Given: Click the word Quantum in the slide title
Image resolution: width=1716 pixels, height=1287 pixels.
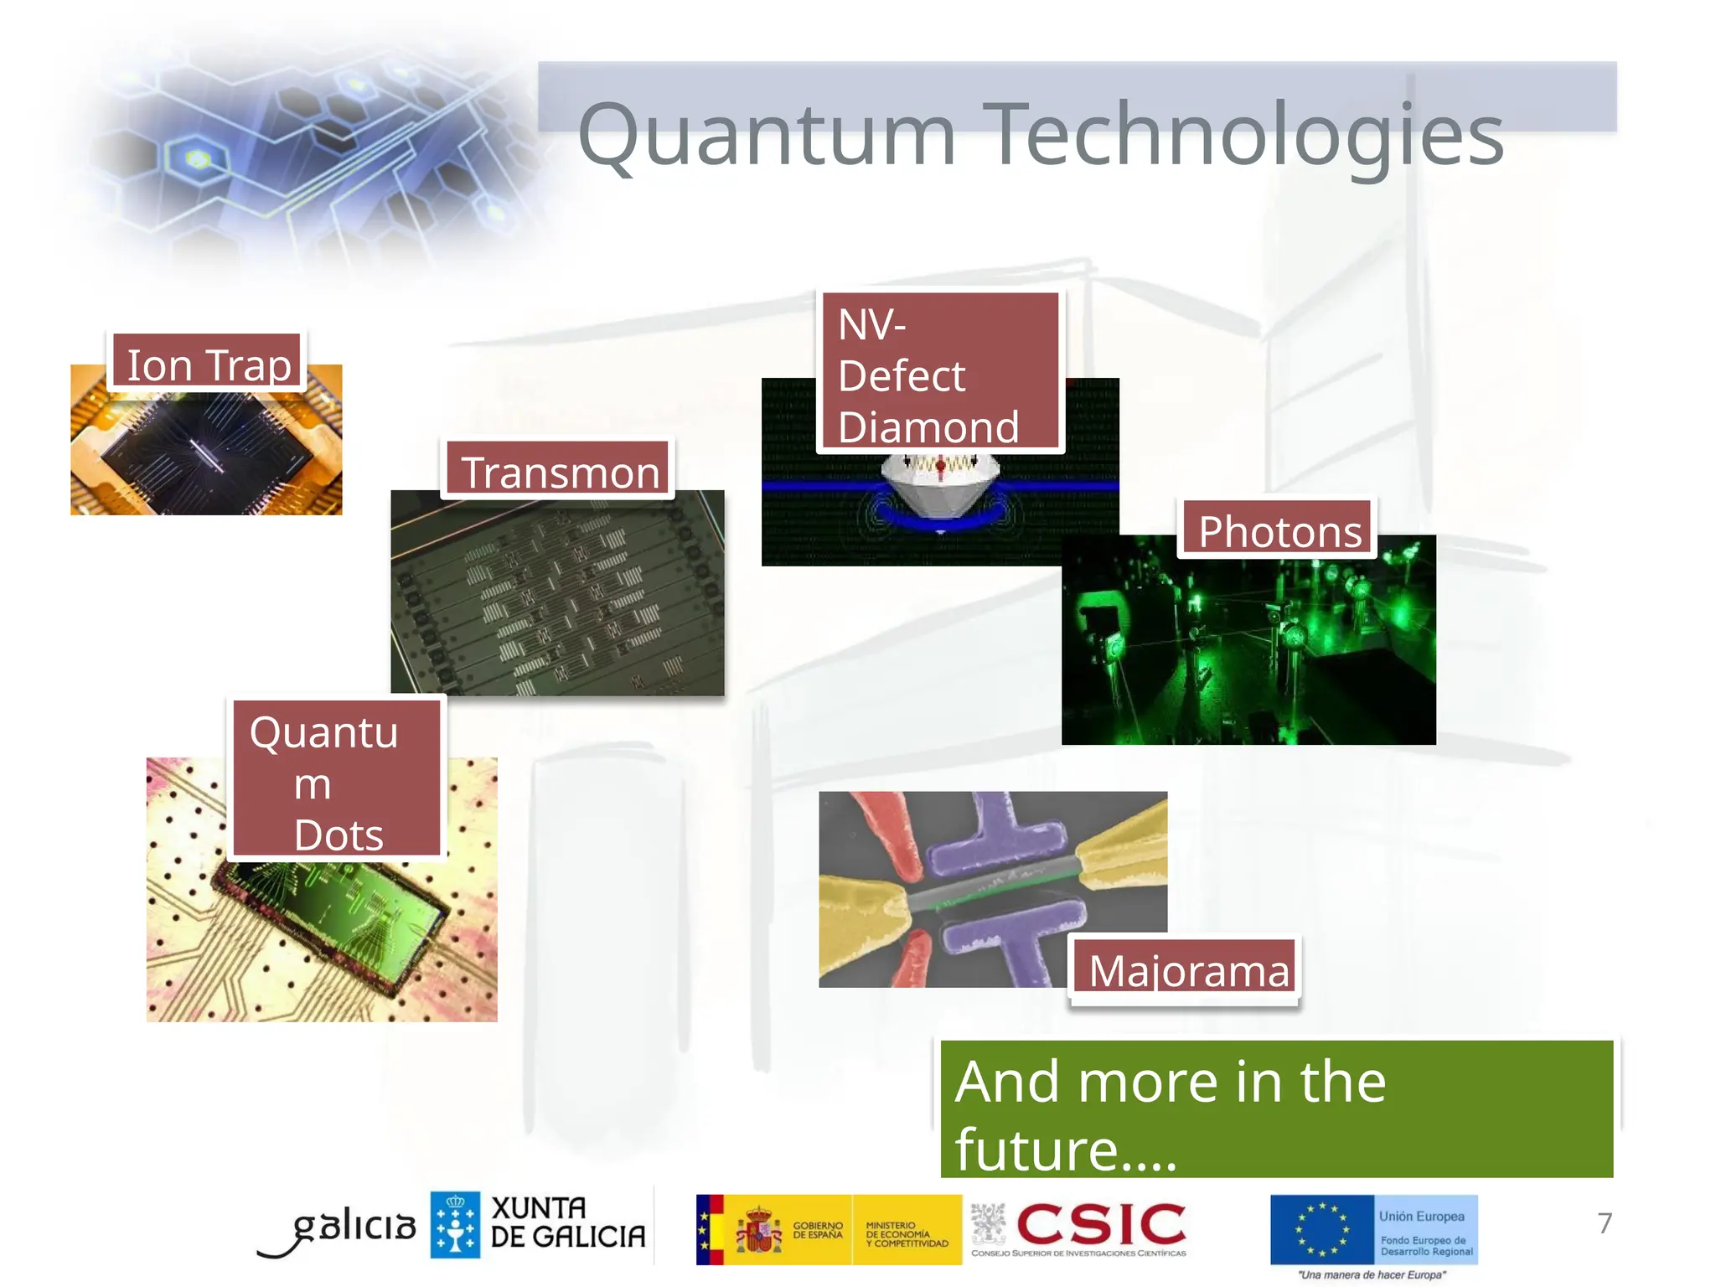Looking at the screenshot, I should (x=767, y=134).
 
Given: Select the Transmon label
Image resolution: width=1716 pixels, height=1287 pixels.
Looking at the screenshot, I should (x=559, y=471).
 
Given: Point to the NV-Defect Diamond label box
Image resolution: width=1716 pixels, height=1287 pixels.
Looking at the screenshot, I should (x=940, y=373).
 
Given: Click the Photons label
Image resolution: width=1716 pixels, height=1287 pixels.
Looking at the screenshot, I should (x=1279, y=530).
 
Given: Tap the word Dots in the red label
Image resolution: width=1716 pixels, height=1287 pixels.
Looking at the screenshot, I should (x=339, y=834).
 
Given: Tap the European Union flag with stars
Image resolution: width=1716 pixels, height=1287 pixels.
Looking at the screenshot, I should (x=1322, y=1229).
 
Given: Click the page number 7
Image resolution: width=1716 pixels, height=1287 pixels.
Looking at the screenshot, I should (x=1604, y=1223).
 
